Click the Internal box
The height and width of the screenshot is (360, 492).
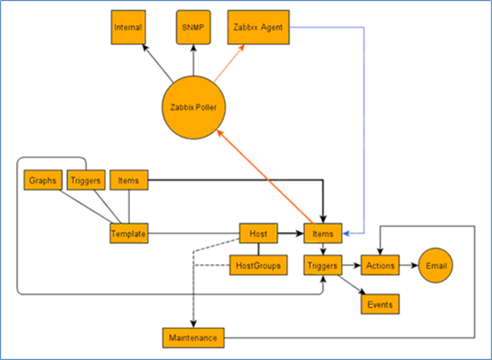[129, 27]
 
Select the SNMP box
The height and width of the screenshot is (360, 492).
[194, 27]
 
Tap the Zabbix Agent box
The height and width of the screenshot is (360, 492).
[258, 27]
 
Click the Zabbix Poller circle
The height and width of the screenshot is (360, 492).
[194, 107]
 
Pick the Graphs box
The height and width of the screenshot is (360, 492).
[43, 180]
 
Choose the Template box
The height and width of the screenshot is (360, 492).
[129, 233]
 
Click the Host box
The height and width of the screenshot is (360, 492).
[258, 233]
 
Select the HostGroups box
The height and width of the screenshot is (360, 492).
[258, 265]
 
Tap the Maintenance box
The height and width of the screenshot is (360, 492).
[194, 337]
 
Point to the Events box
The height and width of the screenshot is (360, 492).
[380, 304]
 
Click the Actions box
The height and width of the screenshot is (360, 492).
[380, 265]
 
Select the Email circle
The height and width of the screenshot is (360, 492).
[436, 265]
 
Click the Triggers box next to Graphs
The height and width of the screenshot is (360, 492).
[86, 180]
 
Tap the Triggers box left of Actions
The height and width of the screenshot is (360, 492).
[323, 265]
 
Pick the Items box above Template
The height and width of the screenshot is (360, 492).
[129, 180]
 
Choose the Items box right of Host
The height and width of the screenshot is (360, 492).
[323, 233]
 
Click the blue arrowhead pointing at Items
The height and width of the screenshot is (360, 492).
[345, 233]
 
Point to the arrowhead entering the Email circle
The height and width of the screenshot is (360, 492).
[415, 265]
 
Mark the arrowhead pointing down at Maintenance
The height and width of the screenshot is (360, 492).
[194, 324]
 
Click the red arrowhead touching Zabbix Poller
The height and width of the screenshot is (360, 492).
[220, 134]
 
